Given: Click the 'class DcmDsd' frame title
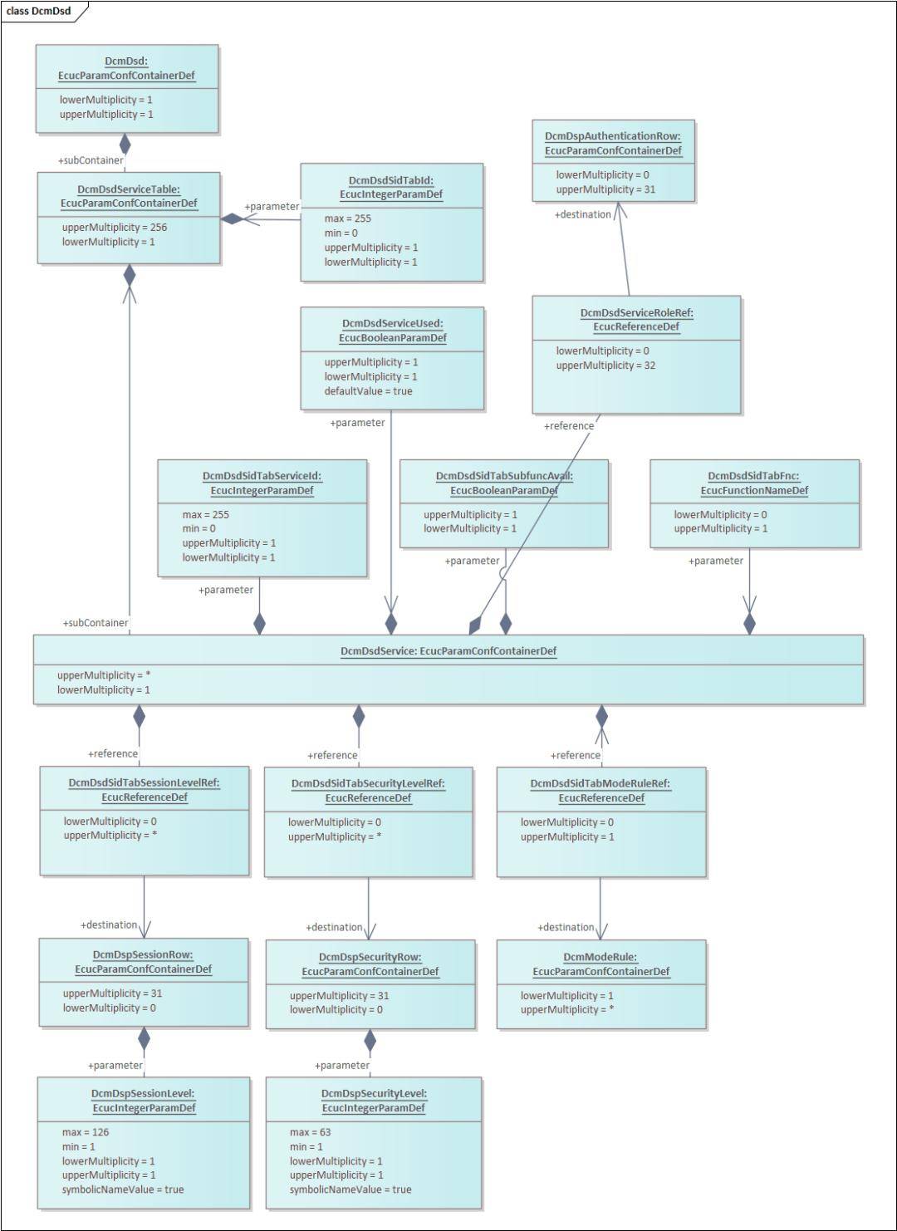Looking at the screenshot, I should point(38,11).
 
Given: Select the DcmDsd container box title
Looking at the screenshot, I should point(126,68).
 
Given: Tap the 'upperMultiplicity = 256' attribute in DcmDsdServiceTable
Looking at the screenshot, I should point(115,228).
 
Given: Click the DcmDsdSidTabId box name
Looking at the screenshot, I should point(391,187).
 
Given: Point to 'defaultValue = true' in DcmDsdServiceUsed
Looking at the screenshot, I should point(368,391).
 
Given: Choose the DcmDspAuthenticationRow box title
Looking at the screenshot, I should point(613,143).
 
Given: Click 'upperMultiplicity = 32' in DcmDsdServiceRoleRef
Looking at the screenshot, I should point(605,365).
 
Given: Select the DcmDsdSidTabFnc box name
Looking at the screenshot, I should point(754,483).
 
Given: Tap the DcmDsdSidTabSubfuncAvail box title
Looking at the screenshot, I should point(504,483).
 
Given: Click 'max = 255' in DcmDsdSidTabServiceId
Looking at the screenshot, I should point(206,515).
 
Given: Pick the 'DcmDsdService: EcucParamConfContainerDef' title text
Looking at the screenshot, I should point(448,651).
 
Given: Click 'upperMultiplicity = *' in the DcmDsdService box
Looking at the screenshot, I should point(104,675).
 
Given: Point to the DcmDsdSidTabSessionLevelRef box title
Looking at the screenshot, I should point(145,789).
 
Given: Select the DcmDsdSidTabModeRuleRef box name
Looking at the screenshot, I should point(600,790).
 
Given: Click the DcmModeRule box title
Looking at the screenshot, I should point(600,964).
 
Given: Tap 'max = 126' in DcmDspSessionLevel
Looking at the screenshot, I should point(86,1132).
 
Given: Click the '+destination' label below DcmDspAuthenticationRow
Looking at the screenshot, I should point(583,214).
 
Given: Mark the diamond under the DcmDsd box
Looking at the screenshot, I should point(125,144).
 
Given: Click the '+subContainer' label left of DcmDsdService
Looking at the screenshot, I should point(96,623).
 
